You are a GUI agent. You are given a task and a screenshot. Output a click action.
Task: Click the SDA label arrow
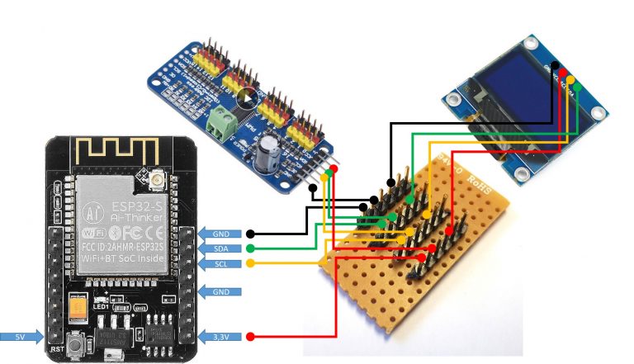[x=221, y=248]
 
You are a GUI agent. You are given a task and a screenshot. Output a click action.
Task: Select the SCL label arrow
[x=221, y=263]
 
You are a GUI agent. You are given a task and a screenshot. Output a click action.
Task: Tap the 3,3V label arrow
[x=220, y=337]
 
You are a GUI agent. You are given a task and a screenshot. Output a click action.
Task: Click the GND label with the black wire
[x=221, y=234]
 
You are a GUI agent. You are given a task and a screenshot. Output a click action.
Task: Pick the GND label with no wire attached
[x=221, y=291]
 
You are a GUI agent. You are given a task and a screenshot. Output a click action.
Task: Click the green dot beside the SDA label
[x=250, y=248]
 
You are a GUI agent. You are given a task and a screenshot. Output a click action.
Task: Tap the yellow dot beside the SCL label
[x=250, y=263]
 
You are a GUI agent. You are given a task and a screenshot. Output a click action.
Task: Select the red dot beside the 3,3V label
[x=250, y=337]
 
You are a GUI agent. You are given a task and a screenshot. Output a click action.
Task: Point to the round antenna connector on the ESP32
[x=156, y=177]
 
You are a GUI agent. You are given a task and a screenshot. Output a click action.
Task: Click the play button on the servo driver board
[x=246, y=97]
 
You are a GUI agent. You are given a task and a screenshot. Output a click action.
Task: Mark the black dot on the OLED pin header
[x=556, y=65]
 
